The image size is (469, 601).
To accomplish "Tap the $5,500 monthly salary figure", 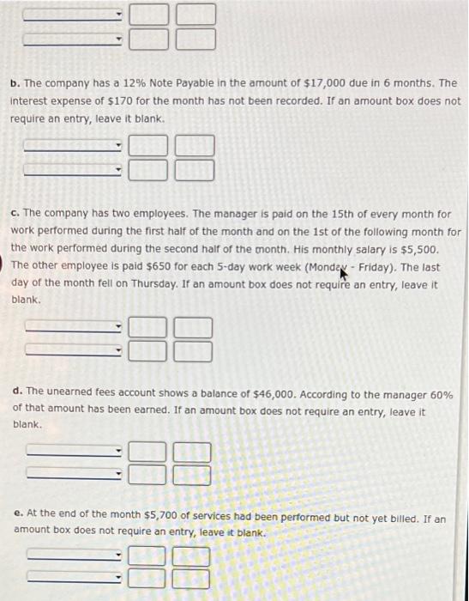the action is click(x=406, y=249).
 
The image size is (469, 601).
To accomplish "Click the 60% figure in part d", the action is click(x=442, y=394).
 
